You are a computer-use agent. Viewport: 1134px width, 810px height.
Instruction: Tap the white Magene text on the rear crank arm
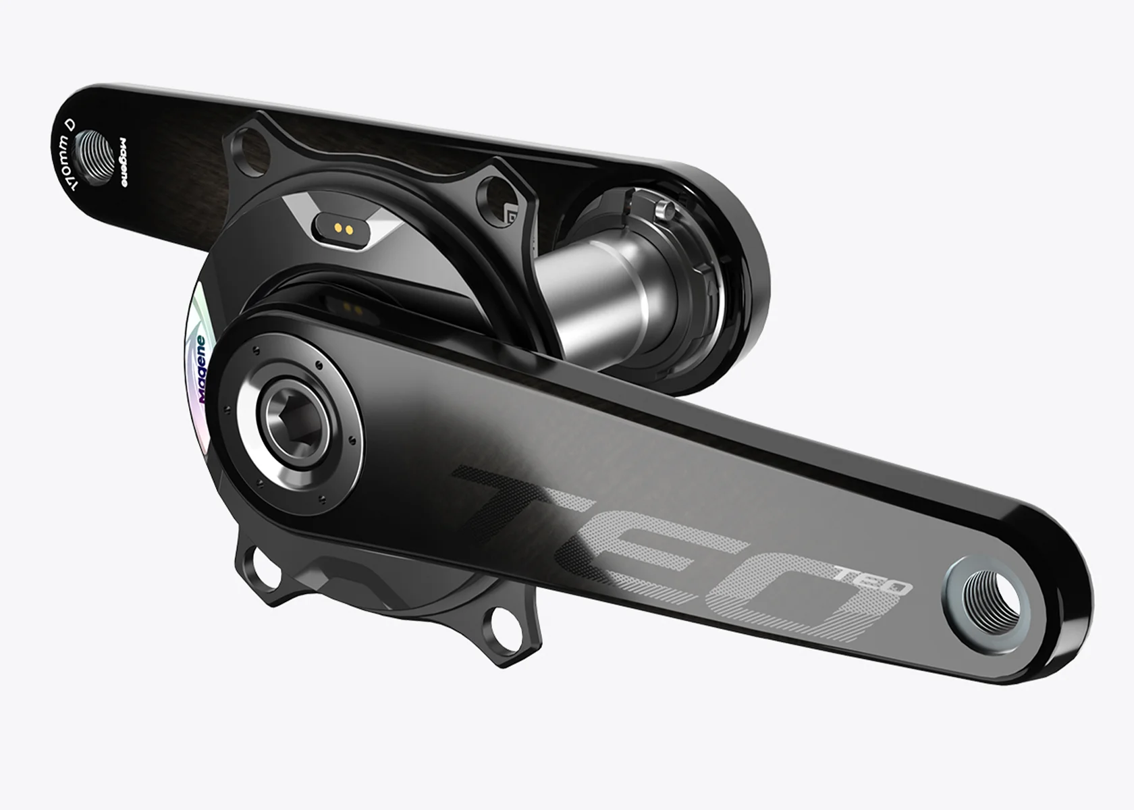point(123,163)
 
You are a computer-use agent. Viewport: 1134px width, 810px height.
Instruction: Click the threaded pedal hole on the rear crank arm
point(96,157)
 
